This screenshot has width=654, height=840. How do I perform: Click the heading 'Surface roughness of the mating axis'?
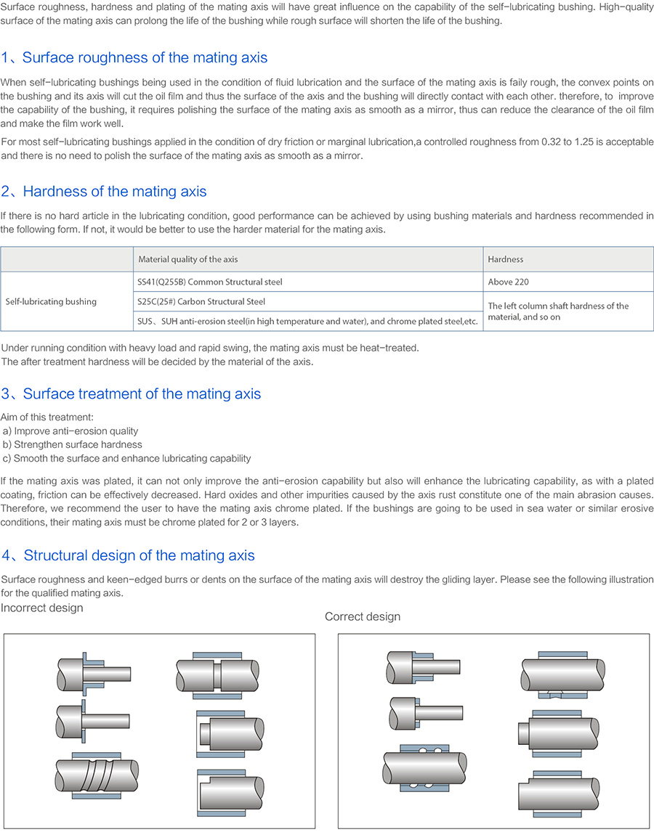[x=145, y=58]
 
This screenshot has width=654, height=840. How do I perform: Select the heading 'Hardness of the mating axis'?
[x=114, y=192]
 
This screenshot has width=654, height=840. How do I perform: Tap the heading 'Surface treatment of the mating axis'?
[x=141, y=394]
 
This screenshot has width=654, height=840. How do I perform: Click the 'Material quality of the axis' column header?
[x=187, y=259]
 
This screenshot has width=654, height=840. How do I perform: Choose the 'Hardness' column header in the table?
[x=506, y=259]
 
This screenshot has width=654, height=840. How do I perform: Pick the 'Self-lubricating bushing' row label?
[x=51, y=301]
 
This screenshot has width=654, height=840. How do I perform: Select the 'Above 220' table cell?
[x=509, y=282]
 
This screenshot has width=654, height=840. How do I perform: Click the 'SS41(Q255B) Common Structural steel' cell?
[x=209, y=282]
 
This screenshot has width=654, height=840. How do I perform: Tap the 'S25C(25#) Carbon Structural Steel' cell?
[x=201, y=301]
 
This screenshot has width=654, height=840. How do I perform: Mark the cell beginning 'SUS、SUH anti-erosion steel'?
[x=307, y=321]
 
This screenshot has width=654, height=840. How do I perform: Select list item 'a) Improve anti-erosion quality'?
[x=70, y=431]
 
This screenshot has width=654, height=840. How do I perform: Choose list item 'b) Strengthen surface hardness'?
[x=73, y=444]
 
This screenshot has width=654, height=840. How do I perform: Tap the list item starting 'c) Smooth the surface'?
[x=127, y=458]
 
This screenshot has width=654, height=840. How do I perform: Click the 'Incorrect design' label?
[x=42, y=608]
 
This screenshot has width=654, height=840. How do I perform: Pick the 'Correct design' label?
[x=362, y=616]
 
